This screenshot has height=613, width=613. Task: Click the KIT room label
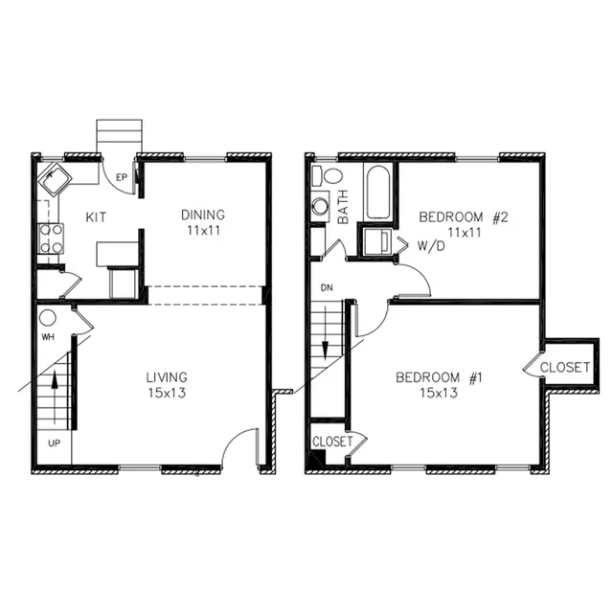point(96,217)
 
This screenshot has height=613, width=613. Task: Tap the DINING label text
point(203,215)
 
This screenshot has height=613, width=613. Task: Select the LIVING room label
point(167,377)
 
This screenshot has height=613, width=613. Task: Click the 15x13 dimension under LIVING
point(167,393)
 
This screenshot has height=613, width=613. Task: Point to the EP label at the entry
point(122,177)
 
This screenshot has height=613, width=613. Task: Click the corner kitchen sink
point(56,179)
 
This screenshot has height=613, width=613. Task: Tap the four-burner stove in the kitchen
point(51,238)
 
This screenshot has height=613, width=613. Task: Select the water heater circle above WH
point(48,318)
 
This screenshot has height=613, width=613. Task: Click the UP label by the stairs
point(54,443)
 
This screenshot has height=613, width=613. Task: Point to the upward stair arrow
point(55,397)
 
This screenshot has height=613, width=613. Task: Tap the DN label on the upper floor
point(327,287)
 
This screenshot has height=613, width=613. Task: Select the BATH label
point(343,207)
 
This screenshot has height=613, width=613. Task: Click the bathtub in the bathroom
point(378,192)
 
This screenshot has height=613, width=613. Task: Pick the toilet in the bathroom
point(328,175)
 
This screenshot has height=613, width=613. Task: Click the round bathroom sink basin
point(320,207)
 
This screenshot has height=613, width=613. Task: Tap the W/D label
point(432,246)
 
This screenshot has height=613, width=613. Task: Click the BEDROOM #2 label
point(464,217)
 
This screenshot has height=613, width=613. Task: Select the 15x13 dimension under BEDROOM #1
point(439,393)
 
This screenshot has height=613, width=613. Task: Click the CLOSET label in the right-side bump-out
point(565,367)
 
